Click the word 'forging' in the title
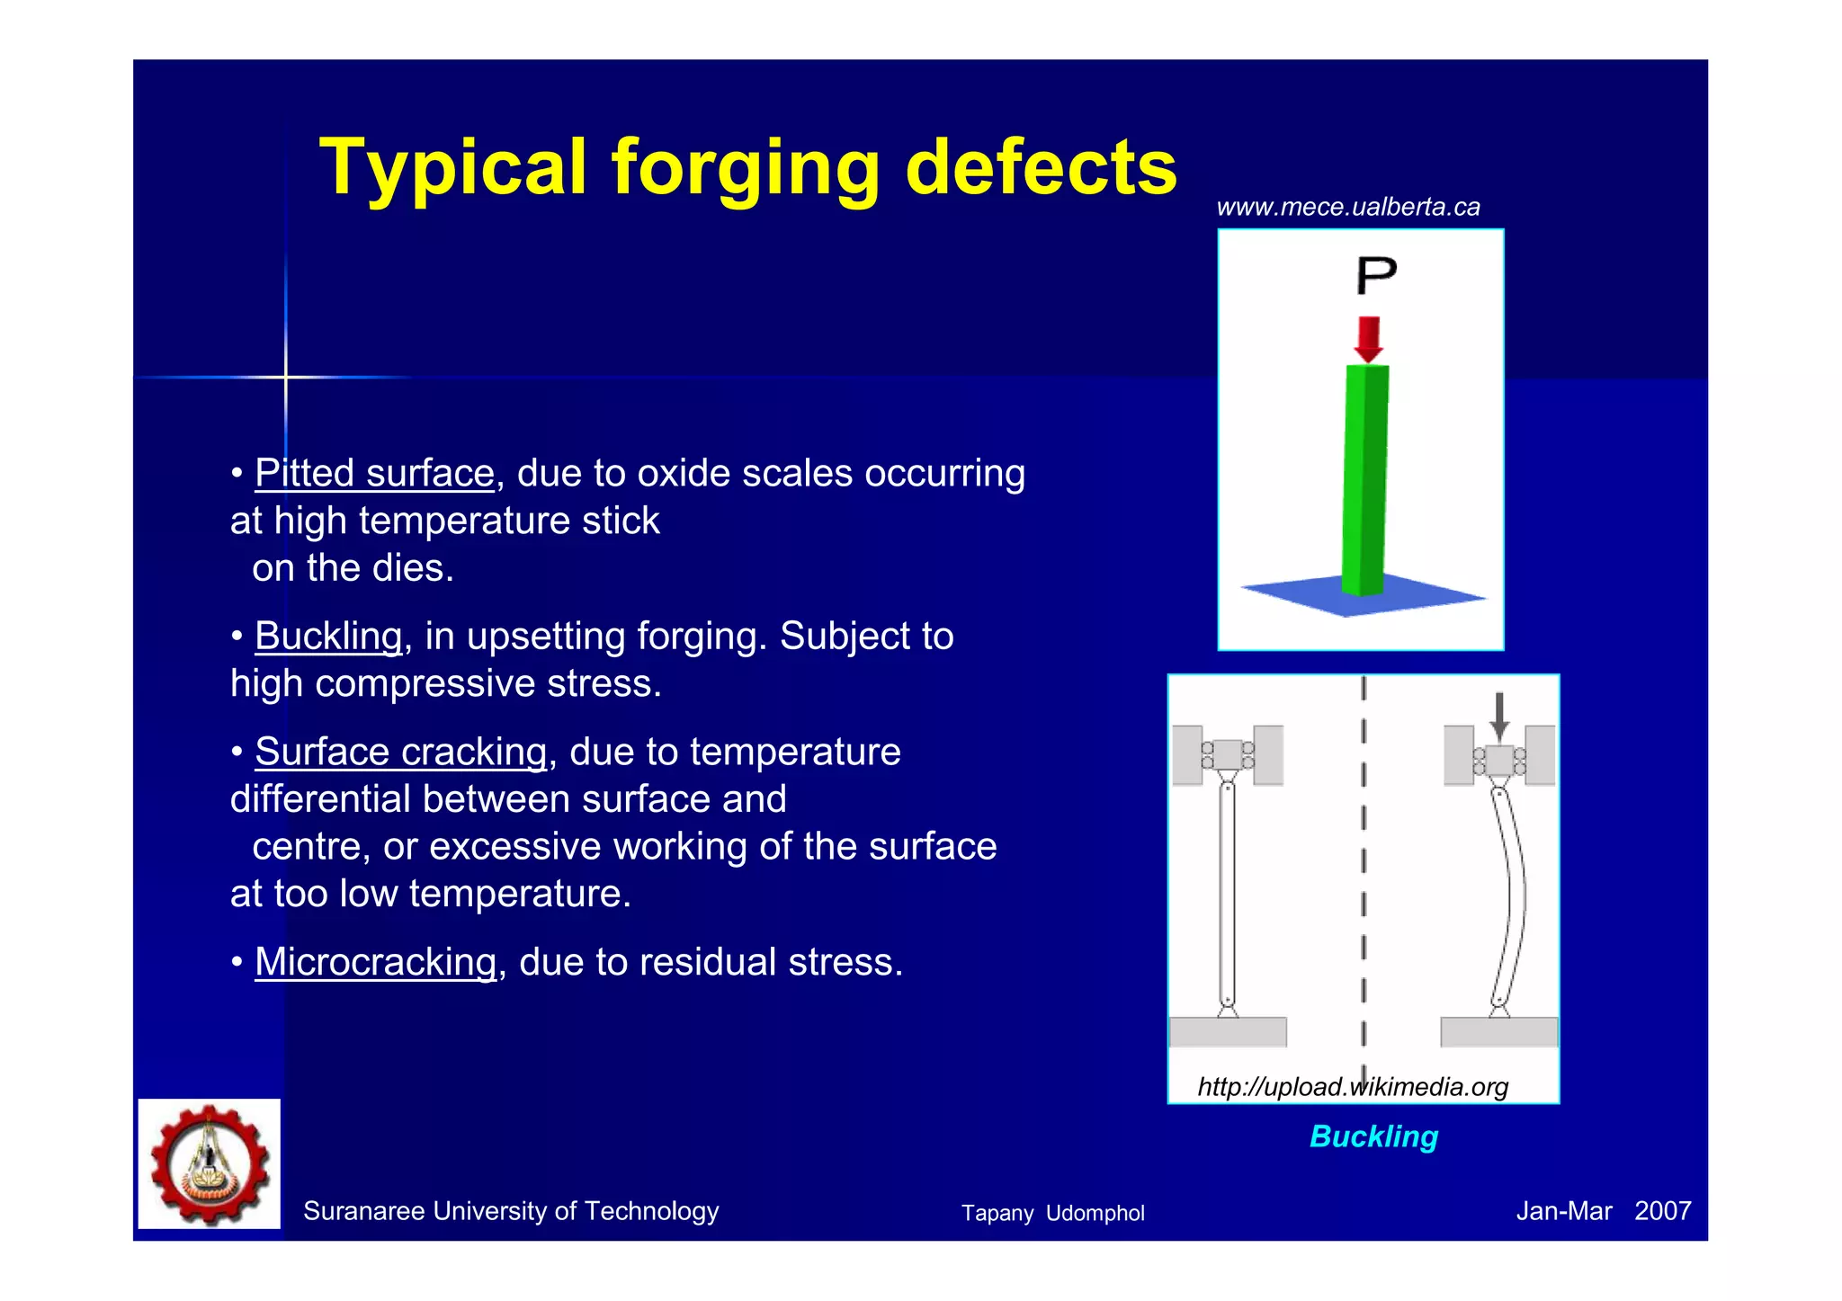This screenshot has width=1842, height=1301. (x=745, y=169)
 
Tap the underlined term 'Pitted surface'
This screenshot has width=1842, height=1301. (x=374, y=473)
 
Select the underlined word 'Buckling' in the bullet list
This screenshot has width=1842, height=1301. (x=328, y=636)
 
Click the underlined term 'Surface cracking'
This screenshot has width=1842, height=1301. (x=400, y=752)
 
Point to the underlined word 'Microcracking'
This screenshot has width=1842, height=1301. (x=375, y=962)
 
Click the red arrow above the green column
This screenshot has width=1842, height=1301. (x=1368, y=338)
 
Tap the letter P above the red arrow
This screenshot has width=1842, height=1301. (x=1376, y=275)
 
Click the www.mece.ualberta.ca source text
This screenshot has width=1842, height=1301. (x=1347, y=208)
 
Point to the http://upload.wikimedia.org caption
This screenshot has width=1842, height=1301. (x=1352, y=1087)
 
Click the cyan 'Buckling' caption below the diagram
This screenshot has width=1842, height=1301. (x=1373, y=1136)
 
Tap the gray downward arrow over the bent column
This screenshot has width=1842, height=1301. (x=1498, y=715)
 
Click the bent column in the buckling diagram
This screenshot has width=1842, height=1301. (x=1511, y=899)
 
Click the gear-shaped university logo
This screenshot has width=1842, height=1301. (x=210, y=1163)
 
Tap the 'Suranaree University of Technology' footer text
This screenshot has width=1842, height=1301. (x=511, y=1211)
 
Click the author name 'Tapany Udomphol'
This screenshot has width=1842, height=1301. (x=1052, y=1213)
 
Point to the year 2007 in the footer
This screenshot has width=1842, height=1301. (x=1662, y=1211)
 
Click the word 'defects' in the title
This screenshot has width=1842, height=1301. (x=1041, y=169)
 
